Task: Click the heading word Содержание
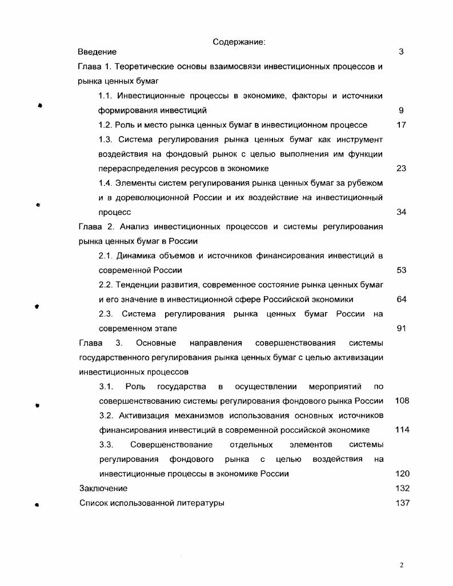tap(239, 42)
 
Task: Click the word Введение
tap(97, 52)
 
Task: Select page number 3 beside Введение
tap(401, 52)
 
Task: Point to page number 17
tap(401, 125)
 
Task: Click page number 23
tap(401, 169)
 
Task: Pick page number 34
tap(401, 212)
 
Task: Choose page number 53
tap(401, 270)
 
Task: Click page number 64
tap(401, 299)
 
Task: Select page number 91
tap(401, 329)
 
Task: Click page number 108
tap(402, 401)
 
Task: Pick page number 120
tap(402, 474)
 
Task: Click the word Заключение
tap(103, 489)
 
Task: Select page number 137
tap(402, 503)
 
